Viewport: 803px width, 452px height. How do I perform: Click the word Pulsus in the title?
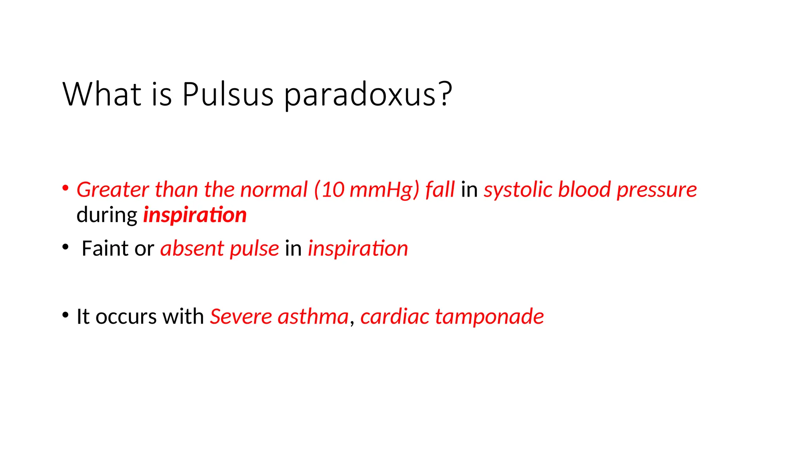(x=228, y=94)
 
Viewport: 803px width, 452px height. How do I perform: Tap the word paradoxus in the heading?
(x=360, y=94)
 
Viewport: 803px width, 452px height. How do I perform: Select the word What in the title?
(x=102, y=94)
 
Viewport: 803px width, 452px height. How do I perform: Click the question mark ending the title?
(x=446, y=94)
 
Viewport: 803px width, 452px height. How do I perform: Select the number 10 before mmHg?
(x=332, y=190)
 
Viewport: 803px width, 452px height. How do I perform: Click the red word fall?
(x=440, y=190)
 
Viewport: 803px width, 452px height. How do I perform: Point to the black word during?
(x=107, y=215)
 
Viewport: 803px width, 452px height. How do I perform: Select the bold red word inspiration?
(x=195, y=215)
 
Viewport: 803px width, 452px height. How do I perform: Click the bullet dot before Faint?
(x=65, y=247)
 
